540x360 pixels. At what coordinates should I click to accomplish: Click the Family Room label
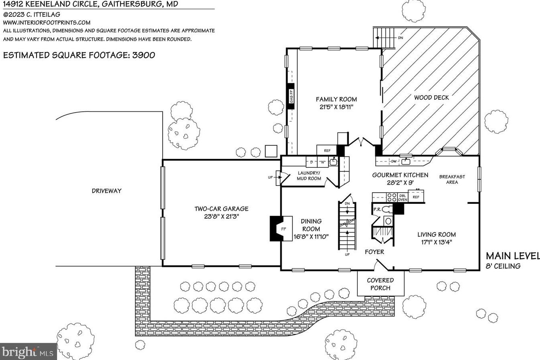(336, 99)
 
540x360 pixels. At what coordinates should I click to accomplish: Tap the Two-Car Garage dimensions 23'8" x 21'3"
(221, 217)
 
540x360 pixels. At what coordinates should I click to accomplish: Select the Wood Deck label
(431, 97)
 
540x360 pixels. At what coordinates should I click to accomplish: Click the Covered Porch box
(380, 284)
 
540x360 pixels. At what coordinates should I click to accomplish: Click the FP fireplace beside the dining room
(282, 229)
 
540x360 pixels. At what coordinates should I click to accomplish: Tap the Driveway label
(106, 191)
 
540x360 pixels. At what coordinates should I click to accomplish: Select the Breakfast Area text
(452, 179)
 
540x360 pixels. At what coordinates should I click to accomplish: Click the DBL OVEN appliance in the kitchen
(403, 197)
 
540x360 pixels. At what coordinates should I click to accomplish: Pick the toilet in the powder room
(386, 209)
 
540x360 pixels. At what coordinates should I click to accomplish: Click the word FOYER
(374, 252)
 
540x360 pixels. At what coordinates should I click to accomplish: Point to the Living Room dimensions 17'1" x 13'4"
(436, 242)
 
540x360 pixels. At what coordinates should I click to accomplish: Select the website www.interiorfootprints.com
(47, 23)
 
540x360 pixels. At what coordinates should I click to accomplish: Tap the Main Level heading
(512, 256)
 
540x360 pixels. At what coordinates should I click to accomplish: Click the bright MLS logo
(28, 352)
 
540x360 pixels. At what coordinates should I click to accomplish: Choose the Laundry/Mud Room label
(309, 176)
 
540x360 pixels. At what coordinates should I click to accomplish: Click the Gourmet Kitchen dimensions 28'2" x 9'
(400, 183)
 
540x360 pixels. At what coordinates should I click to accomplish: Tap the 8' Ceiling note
(503, 266)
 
